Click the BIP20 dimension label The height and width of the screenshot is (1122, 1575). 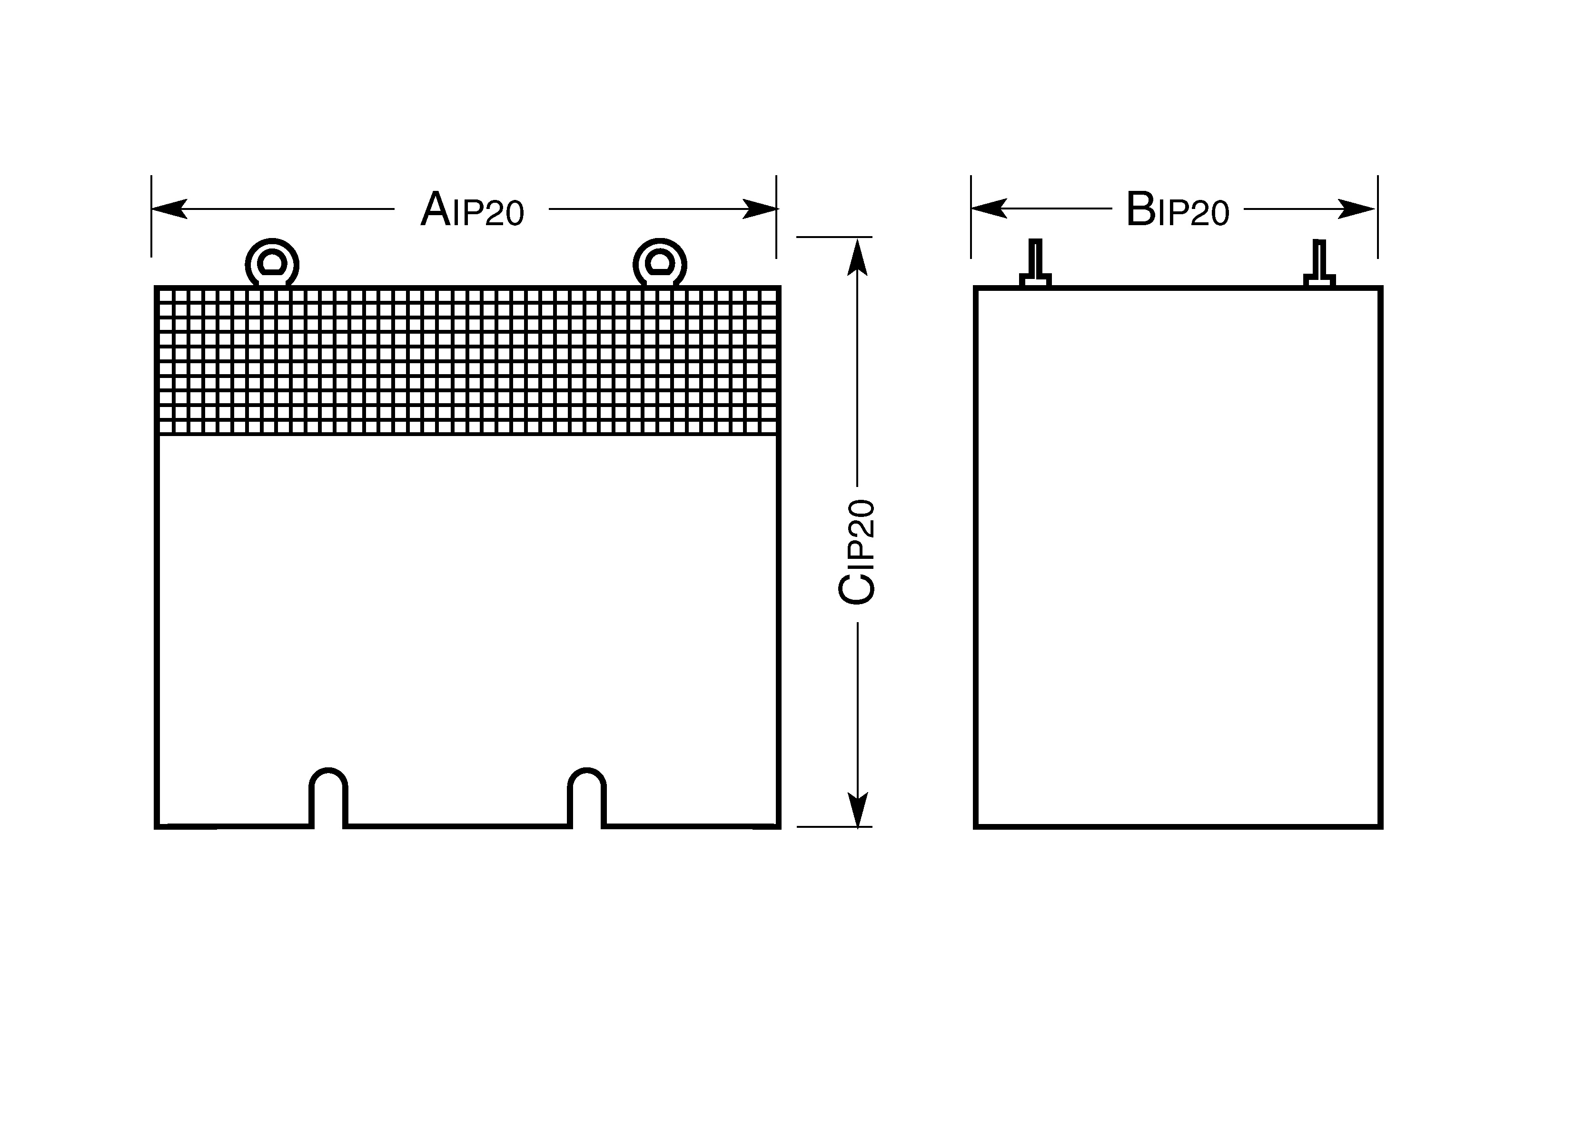1178,209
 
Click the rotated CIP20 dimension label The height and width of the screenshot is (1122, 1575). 857,552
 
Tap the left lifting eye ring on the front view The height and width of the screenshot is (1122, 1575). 272,263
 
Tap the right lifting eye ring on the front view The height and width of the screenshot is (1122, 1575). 660,263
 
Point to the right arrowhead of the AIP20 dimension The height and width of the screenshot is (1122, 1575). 760,209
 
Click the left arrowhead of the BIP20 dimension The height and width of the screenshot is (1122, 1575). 989,208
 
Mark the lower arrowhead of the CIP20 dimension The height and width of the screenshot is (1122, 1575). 857,808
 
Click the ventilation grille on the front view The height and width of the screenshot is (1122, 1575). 468,361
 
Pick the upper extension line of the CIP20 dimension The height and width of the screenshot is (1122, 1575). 834,237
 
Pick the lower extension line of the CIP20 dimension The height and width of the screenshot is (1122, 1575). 834,827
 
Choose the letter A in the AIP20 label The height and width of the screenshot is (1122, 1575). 436,209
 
